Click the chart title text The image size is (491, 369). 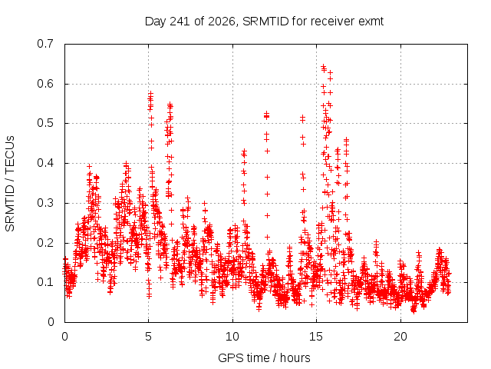coord(264,22)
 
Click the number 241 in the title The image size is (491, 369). coord(180,22)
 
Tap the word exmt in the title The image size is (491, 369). coord(371,22)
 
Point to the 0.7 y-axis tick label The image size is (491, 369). coord(45,44)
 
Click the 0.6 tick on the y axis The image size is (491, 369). coord(45,84)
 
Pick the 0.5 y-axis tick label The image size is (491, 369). coord(45,123)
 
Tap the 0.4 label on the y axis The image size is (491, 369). coord(45,163)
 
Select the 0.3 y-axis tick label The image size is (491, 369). coord(45,203)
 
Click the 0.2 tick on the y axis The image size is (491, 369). coord(45,243)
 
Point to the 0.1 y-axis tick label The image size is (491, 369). coord(45,282)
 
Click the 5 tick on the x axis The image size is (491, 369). coord(148,337)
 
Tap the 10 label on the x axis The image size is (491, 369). coord(232,337)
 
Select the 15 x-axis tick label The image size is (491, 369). coord(316,337)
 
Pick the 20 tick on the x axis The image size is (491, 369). coord(400,337)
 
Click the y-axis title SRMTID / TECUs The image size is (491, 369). coord(10,184)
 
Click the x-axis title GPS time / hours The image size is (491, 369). coord(264,357)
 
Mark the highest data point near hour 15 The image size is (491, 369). coord(324,66)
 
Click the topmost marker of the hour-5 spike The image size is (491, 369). coord(150,93)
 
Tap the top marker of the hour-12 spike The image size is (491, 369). coord(266,113)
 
